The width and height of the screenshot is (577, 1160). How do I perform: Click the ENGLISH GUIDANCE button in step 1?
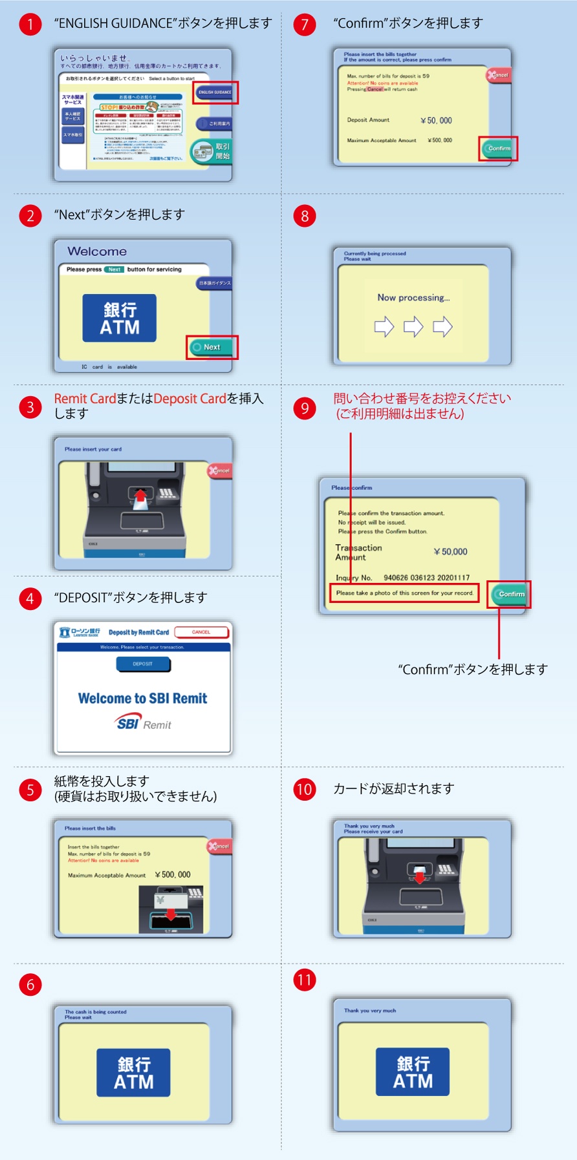[x=215, y=92]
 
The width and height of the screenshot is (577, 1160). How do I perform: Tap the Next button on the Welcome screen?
[x=212, y=347]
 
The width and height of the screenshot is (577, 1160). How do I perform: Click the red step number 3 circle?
[x=30, y=407]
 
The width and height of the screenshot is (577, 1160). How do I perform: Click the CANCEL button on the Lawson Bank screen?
[x=201, y=632]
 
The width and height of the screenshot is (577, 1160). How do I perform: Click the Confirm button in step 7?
[x=498, y=149]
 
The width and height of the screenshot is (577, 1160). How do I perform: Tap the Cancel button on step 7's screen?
[x=499, y=76]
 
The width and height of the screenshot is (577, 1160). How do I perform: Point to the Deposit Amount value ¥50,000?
[x=436, y=121]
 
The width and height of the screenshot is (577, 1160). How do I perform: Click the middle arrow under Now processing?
[x=413, y=326]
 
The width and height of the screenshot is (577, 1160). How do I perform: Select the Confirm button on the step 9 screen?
[x=510, y=594]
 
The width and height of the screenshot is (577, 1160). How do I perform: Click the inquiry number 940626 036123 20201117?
[x=426, y=578]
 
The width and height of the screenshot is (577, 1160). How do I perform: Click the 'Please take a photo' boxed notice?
[x=404, y=593]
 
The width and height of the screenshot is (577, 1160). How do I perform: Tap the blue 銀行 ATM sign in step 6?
[x=133, y=1072]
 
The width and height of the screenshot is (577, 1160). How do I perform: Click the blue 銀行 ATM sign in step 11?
[x=413, y=1071]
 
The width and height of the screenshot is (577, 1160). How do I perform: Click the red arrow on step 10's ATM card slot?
[x=420, y=876]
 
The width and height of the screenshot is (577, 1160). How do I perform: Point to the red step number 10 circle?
[x=304, y=789]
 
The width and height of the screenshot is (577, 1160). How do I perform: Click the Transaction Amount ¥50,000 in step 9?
[x=451, y=552]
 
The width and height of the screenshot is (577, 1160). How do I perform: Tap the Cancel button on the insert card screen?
[x=220, y=470]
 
